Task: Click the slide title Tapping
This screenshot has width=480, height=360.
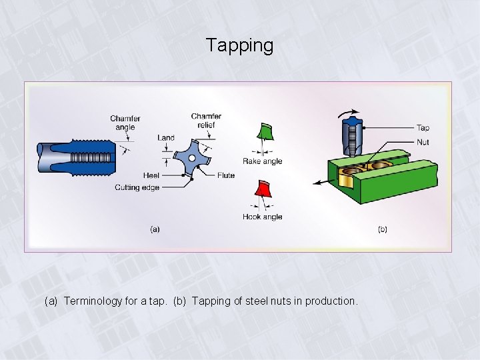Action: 239,45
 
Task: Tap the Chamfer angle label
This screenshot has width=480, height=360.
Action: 125,123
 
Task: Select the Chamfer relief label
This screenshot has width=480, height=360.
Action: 206,120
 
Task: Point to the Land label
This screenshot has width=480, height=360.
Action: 166,138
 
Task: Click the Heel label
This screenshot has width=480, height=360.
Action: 151,175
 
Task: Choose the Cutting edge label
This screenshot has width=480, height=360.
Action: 137,187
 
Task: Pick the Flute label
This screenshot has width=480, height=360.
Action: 225,175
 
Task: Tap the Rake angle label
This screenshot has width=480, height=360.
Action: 262,161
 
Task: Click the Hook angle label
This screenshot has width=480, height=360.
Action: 262,217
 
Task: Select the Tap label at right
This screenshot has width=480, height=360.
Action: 423,128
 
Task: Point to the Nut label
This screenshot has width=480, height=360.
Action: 423,142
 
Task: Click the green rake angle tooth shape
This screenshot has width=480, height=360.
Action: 265,131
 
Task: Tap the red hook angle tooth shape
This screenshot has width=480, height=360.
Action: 264,189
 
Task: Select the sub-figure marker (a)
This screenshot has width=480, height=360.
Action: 155,229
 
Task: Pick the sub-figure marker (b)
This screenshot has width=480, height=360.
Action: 382,229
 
